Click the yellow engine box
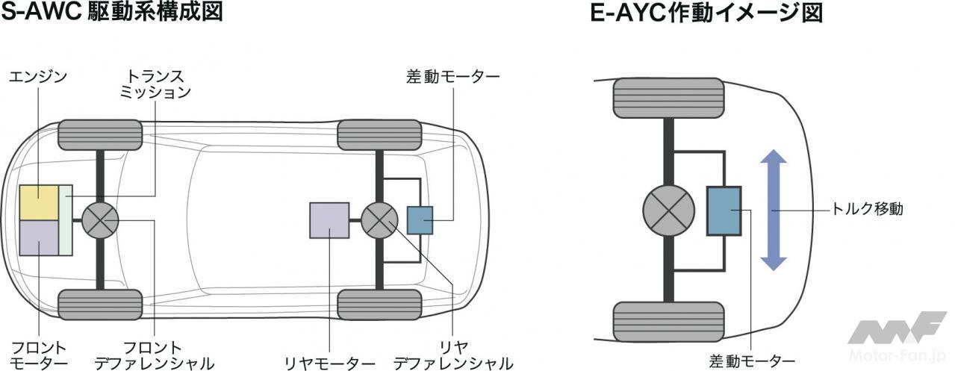pos(39,202)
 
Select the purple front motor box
pos(39,237)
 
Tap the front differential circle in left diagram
pos(100,220)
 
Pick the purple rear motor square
pos(329,220)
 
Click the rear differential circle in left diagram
pos(380,220)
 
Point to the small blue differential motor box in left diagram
pos(420,220)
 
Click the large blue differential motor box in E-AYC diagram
pos(724,211)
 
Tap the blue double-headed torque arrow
pos(774,210)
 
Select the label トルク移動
pos(867,210)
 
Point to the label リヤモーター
pos(329,363)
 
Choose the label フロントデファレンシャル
pos(154,355)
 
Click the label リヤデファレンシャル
pos(453,355)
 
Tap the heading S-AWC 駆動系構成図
pos(112,13)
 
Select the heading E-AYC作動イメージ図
pos(706,13)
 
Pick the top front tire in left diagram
pos(100,134)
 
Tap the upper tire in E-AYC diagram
pos(668,97)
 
